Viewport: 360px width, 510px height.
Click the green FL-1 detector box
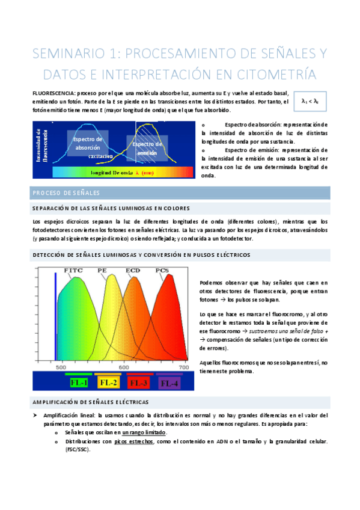[x=79, y=382]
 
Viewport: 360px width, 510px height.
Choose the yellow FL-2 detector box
[x=109, y=382]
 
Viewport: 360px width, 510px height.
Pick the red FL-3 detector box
[x=139, y=382]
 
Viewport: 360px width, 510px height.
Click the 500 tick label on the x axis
[x=60, y=367]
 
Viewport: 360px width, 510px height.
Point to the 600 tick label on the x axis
[x=124, y=367]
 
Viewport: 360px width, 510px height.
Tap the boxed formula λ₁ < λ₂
[x=310, y=102]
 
